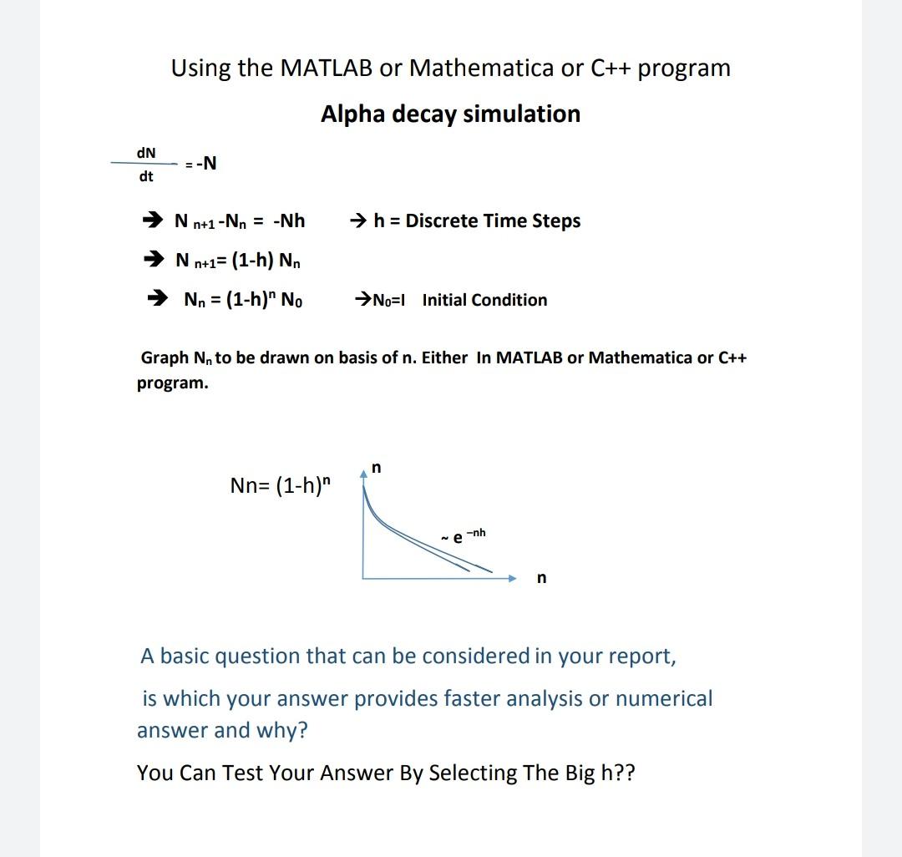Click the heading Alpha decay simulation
pyautogui.click(x=450, y=114)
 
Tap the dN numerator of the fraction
pyautogui.click(x=145, y=152)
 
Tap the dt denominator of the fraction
pyautogui.click(x=145, y=176)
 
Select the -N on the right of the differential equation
pyautogui.click(x=205, y=164)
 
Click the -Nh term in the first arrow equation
pyautogui.click(x=289, y=221)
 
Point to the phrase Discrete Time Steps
pyautogui.click(x=493, y=221)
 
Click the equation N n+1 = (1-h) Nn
pyautogui.click(x=238, y=261)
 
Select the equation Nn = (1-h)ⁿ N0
pyautogui.click(x=243, y=299)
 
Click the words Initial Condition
pyautogui.click(x=484, y=300)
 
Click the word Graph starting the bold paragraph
pyautogui.click(x=165, y=358)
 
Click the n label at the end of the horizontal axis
pyautogui.click(x=541, y=578)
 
